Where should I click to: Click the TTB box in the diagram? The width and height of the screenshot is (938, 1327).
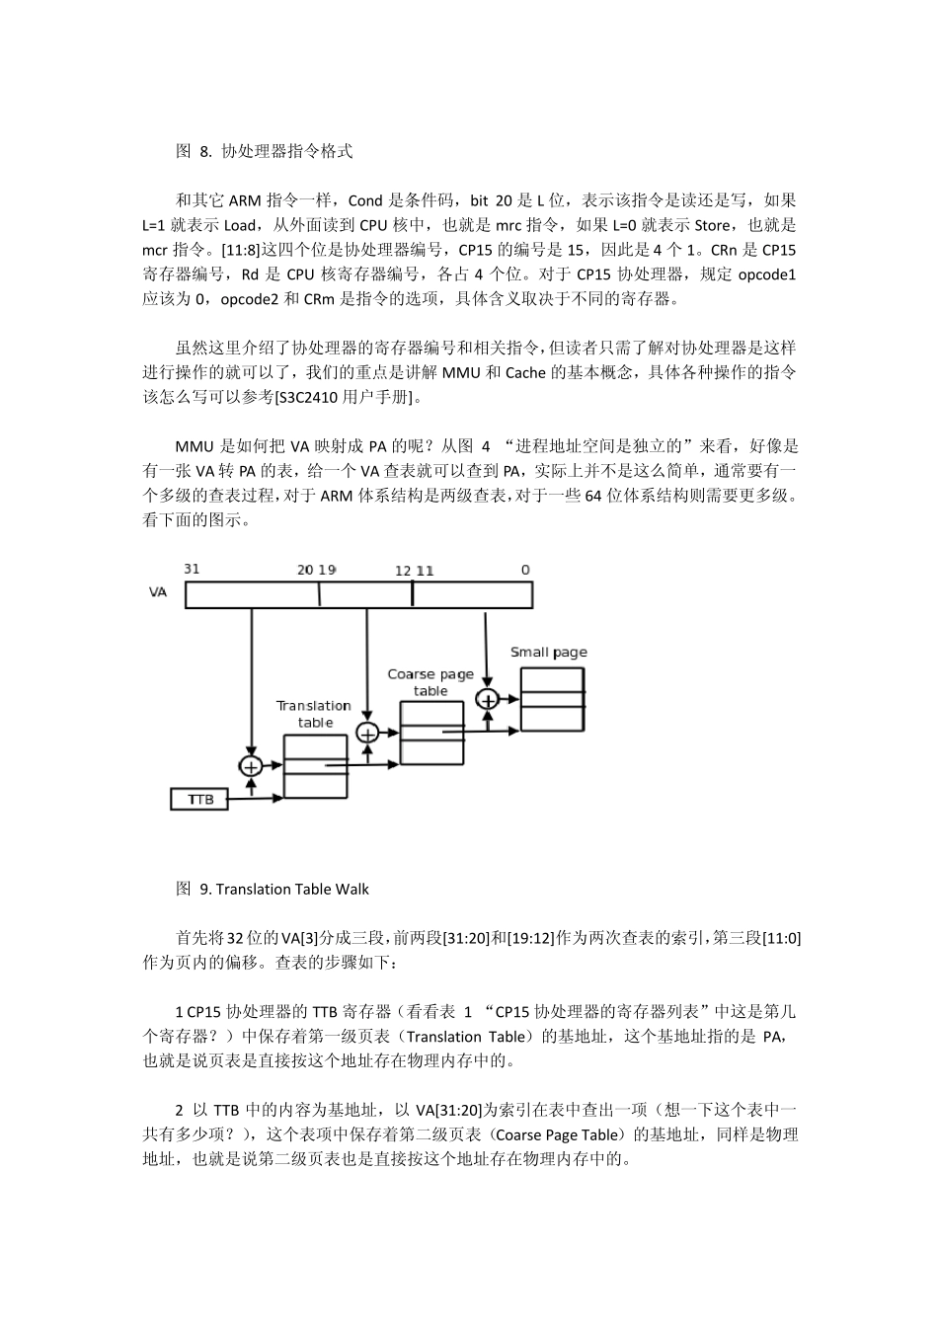[x=200, y=799]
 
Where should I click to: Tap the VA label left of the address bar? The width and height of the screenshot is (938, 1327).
[x=158, y=593]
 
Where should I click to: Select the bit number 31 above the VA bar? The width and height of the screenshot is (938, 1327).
[x=192, y=569]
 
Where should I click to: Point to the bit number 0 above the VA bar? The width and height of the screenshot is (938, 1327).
[x=525, y=570]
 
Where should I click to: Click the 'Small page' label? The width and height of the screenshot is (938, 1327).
[x=548, y=652]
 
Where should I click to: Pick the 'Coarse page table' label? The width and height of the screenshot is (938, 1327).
[x=430, y=682]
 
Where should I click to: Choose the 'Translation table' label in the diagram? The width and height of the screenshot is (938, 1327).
[x=314, y=714]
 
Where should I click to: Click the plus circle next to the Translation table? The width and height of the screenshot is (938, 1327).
[x=251, y=766]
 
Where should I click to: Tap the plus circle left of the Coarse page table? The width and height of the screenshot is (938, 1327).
[x=367, y=733]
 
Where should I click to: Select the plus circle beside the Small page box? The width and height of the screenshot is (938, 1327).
[x=486, y=699]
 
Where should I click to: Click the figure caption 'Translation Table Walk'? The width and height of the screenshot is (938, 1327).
[x=292, y=889]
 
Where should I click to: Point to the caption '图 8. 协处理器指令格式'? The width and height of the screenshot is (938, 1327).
[x=264, y=151]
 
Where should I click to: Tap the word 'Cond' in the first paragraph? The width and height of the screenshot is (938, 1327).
[x=365, y=200]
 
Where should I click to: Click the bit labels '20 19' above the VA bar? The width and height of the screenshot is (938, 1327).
[x=316, y=570]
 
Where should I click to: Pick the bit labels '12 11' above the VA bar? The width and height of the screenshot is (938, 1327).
[x=414, y=571]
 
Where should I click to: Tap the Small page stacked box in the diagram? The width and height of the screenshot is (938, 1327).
[x=552, y=699]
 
